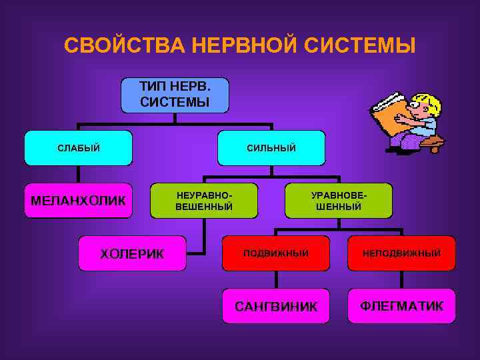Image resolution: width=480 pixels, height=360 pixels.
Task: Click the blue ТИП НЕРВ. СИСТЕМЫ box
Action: [x=175, y=95]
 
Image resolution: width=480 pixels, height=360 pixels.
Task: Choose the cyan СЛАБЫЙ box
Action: [x=78, y=148]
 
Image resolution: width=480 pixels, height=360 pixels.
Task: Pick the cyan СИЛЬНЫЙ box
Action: [x=272, y=148]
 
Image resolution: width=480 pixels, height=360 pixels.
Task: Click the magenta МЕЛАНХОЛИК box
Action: [x=78, y=201]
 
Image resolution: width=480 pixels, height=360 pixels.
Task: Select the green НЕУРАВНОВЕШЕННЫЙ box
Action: [x=204, y=201]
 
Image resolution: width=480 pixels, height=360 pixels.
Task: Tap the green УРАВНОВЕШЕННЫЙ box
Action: [x=339, y=201]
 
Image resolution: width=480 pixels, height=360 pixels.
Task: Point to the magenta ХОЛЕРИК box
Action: [x=132, y=253]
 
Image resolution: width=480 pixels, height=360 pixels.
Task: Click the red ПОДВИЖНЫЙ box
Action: [x=275, y=253]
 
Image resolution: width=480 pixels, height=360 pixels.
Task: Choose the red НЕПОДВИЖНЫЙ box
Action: [x=401, y=253]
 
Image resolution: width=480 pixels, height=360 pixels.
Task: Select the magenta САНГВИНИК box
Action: [x=275, y=306]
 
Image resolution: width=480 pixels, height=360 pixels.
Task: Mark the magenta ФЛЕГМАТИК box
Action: [x=401, y=305]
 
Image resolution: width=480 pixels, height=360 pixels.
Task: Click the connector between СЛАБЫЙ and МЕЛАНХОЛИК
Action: [x=78, y=175]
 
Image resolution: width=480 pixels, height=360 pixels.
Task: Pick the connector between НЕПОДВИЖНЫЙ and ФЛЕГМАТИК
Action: [x=401, y=279]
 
